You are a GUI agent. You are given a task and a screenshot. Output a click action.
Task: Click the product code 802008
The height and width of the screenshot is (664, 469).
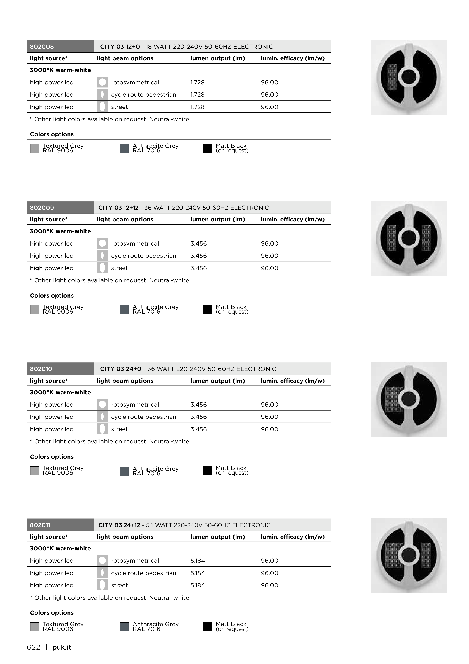coord(42,47)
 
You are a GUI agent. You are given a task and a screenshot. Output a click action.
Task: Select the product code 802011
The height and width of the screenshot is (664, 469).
coord(40,525)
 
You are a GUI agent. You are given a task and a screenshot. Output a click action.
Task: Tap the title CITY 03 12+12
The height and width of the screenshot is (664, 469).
coord(119,208)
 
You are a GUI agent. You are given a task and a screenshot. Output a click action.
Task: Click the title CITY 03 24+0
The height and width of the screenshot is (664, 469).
coord(121,369)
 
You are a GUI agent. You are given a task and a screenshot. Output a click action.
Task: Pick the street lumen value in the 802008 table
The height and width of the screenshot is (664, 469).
coord(197,107)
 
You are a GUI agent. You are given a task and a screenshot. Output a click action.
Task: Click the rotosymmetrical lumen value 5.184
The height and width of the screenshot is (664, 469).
coord(198,560)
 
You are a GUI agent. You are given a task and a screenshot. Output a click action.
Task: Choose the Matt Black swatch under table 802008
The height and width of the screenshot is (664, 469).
coord(208,148)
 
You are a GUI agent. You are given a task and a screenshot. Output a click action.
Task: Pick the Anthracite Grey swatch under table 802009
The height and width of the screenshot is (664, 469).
coord(124,309)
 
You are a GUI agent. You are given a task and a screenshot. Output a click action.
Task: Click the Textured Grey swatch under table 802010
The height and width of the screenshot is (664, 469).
coord(34,471)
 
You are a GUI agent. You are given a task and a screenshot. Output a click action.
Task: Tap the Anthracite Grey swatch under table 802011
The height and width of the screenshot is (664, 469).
coord(124,627)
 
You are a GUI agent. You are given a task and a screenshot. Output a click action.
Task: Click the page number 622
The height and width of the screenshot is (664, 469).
coord(33,647)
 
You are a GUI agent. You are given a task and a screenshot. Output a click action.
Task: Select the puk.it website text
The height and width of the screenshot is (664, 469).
coord(62,647)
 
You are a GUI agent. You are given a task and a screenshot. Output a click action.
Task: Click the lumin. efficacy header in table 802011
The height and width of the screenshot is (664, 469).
coord(292,537)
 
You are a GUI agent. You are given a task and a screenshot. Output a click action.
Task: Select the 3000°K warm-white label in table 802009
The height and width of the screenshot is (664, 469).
coord(60,231)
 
